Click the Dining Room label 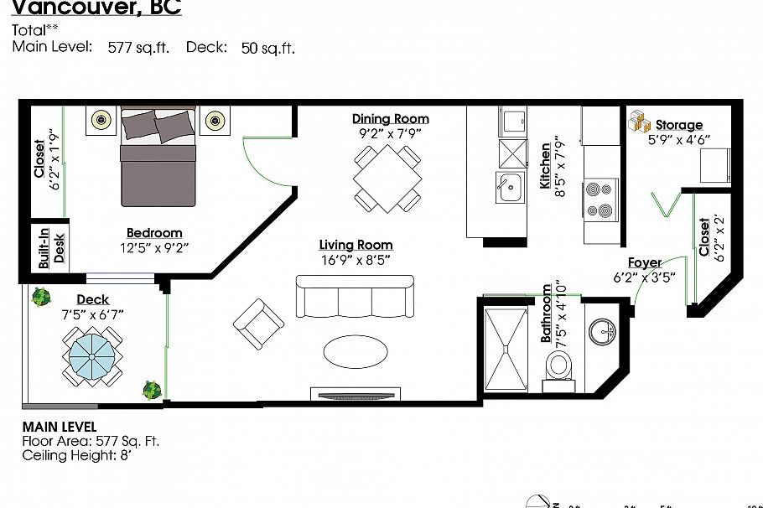390,119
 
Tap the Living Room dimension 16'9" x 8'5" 356,260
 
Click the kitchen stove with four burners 600,199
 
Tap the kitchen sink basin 509,187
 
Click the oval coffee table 356,351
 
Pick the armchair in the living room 258,324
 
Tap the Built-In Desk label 49,247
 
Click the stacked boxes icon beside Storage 640,122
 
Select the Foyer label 644,262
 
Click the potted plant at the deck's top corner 39,298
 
